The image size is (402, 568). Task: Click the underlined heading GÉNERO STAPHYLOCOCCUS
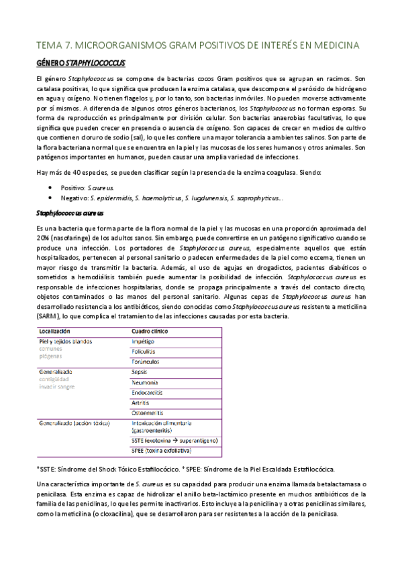click(x=80, y=63)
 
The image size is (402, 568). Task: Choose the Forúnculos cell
click(x=148, y=361)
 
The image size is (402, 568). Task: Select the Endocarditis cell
click(x=149, y=393)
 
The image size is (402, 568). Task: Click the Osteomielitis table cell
click(x=150, y=414)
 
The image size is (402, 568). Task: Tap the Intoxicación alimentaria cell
click(x=165, y=425)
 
